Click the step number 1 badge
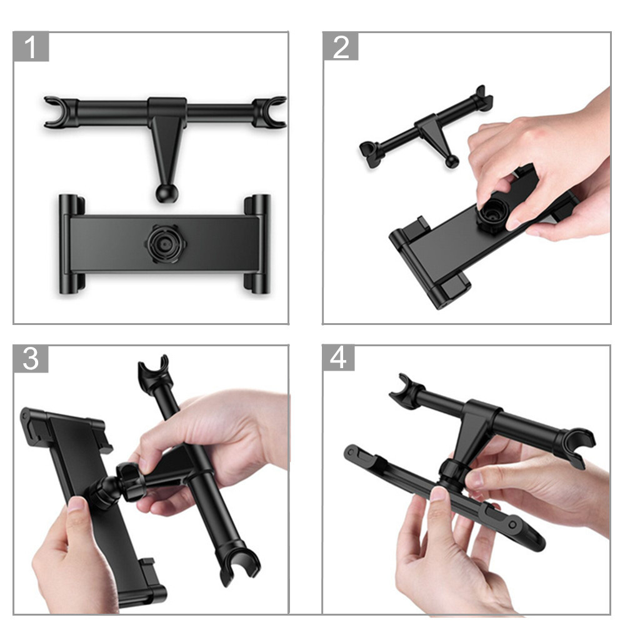[31, 47]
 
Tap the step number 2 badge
[341, 47]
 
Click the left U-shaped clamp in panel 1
[57, 112]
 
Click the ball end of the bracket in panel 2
[452, 161]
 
